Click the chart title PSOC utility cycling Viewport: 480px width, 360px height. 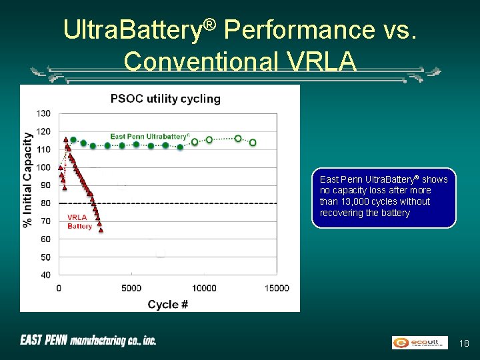point(165,99)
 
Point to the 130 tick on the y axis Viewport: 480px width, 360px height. point(43,113)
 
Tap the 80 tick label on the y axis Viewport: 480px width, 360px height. point(45,203)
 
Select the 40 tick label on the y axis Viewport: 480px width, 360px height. point(45,275)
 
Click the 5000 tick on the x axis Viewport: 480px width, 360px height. point(131,288)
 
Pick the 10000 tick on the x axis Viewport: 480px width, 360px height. point(204,288)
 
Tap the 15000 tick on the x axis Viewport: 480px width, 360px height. point(277,288)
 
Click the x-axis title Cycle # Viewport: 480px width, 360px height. point(168,304)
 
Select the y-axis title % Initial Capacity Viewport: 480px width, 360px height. point(28,179)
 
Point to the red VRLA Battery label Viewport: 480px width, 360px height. point(80,221)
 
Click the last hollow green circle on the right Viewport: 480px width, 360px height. point(253,142)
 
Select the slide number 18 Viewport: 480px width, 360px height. point(465,343)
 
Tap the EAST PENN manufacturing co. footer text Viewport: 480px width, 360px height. point(88,341)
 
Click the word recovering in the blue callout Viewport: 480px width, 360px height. point(342,213)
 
